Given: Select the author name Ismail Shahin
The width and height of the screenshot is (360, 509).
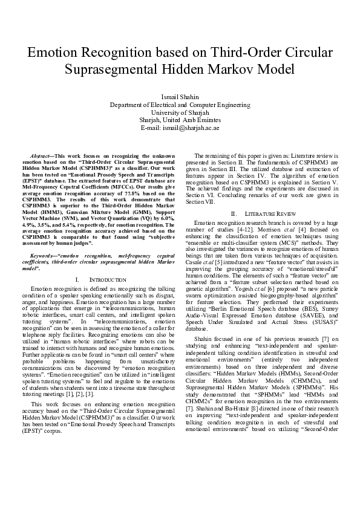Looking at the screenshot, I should point(180,97).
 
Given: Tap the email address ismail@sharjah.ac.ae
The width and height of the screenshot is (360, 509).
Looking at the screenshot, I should point(180,128).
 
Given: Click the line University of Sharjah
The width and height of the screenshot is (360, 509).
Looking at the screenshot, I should point(180,112).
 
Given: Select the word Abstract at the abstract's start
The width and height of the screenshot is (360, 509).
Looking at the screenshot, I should point(42,157).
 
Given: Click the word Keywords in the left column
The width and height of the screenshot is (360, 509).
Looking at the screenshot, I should point(44,257).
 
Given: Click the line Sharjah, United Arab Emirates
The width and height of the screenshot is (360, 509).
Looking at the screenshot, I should point(180,120).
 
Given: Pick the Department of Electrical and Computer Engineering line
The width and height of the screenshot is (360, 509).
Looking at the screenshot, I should point(180,105).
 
